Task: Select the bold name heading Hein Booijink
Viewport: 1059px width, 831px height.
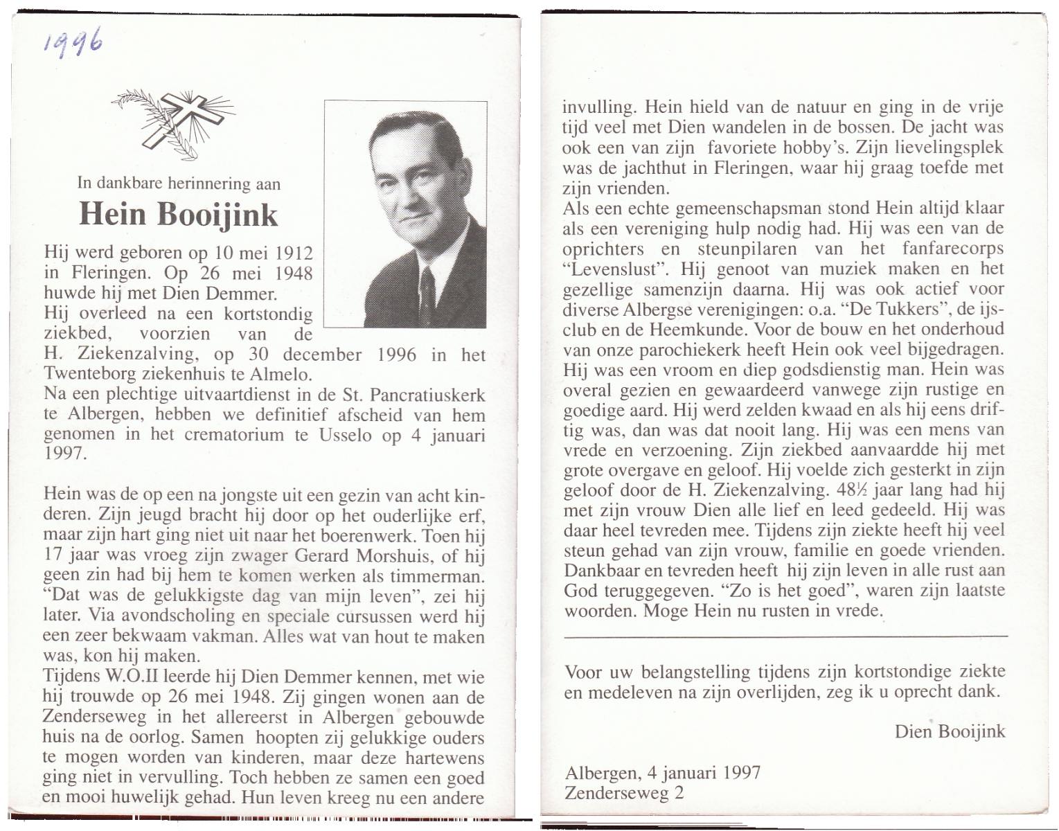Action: [x=178, y=214]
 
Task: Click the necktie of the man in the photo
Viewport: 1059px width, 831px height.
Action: [x=427, y=294]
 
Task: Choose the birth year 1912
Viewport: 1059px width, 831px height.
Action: [x=294, y=253]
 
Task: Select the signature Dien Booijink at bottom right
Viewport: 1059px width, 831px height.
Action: [x=950, y=731]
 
